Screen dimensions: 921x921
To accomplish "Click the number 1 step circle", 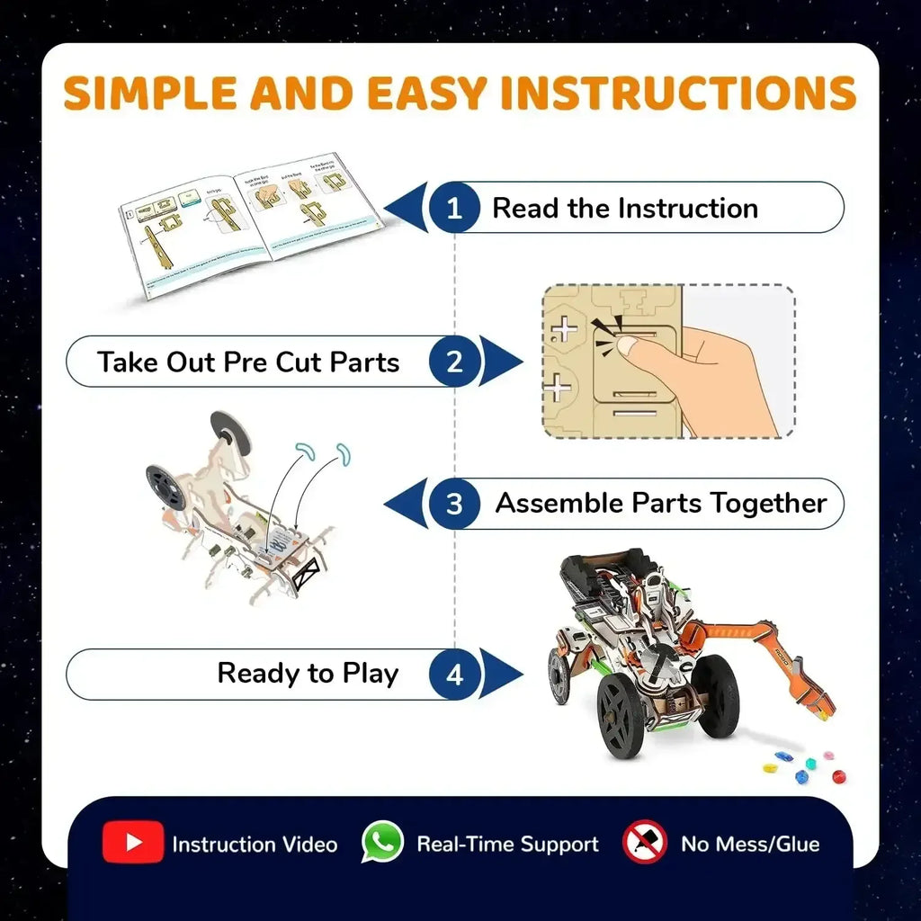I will pos(454,209).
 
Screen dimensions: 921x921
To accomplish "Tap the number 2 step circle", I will pos(454,362).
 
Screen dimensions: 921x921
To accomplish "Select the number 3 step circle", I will pos(454,504).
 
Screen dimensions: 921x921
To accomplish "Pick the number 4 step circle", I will pos(454,674).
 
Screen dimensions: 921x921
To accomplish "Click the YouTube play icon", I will pos(133,843).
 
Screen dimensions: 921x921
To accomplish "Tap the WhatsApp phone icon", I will pos(383,843).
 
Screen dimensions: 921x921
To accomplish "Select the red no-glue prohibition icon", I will pos(645,843).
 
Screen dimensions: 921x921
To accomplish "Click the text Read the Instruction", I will pos(625,209).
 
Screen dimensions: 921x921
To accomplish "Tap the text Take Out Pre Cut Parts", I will pos(248,362).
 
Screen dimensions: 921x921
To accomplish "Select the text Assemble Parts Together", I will pos(661,504).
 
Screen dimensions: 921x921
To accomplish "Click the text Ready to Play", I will pos(308,674).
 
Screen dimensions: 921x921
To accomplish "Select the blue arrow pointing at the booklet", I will pos(410,209).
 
